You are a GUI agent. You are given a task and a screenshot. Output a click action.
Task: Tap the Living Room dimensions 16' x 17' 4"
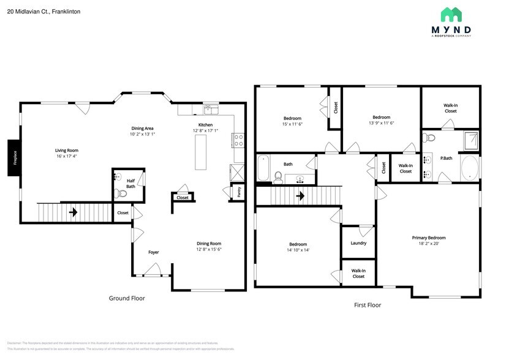tap(67, 156)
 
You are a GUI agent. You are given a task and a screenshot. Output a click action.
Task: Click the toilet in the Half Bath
tap(121, 193)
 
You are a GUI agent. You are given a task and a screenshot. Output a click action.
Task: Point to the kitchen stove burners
tap(238, 140)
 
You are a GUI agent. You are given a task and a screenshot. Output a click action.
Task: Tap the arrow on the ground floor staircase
tap(73, 213)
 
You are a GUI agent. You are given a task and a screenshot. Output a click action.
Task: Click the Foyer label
tap(154, 252)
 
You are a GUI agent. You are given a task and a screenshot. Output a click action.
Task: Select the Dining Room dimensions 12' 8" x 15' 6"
tap(208, 249)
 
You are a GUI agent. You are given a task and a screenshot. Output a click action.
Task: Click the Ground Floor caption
tap(127, 298)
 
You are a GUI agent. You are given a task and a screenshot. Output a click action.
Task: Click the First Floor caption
tap(368, 304)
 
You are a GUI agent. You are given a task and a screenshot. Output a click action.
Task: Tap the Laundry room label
tap(358, 243)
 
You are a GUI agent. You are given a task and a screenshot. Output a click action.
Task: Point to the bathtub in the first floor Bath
tap(263, 168)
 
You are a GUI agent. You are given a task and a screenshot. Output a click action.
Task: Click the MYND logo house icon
tap(456, 15)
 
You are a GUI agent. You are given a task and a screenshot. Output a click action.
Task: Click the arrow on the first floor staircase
tap(301, 197)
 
